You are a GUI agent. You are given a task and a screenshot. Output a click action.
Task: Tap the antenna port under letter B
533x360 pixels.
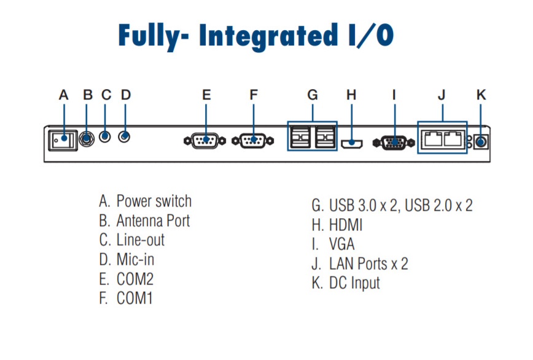(x=87, y=138)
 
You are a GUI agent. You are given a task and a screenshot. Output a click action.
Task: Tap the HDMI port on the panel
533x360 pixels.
(x=351, y=143)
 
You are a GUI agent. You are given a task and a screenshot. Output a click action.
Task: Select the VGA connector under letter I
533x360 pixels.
(x=394, y=142)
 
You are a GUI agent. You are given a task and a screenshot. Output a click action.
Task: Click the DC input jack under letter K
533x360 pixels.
(x=481, y=141)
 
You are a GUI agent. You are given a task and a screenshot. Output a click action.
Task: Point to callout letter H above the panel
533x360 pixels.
(x=351, y=95)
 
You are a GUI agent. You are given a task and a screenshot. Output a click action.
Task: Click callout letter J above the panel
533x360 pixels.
(x=442, y=95)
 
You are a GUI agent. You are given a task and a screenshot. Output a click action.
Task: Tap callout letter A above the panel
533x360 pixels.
(x=63, y=95)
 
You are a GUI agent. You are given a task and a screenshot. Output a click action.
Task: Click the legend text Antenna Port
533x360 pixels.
(x=153, y=221)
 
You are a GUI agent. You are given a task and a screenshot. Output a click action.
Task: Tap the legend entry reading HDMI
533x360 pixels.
(x=346, y=224)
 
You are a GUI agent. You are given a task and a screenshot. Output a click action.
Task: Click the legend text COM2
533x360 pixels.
(x=134, y=279)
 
